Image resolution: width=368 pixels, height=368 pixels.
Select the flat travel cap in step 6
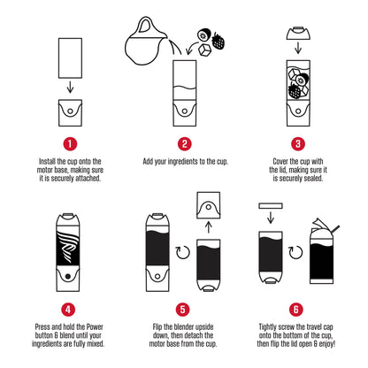coord(272,205)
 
